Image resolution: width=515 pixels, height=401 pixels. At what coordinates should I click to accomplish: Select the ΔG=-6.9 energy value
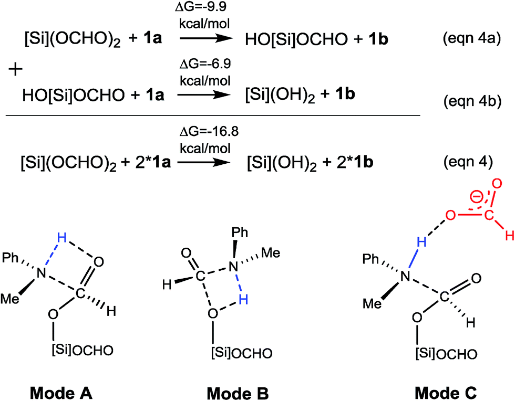pyautogui.click(x=205, y=64)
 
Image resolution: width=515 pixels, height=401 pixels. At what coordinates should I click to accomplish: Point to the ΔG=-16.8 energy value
pyautogui.click(x=209, y=131)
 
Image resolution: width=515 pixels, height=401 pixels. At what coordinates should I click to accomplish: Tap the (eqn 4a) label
pyautogui.click(x=472, y=39)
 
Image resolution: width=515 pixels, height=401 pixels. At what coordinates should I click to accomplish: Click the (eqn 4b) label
pyautogui.click(x=472, y=101)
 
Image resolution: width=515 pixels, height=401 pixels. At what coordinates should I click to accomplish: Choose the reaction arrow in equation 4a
pyautogui.click(x=206, y=38)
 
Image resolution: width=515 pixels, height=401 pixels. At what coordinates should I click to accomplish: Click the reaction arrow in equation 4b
pyautogui.click(x=204, y=95)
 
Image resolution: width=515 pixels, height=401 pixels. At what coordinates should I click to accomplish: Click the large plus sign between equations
pyautogui.click(x=15, y=70)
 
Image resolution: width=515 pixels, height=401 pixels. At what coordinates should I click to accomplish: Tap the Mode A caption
pyautogui.click(x=61, y=393)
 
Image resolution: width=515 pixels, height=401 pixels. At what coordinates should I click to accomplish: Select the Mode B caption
pyautogui.click(x=238, y=393)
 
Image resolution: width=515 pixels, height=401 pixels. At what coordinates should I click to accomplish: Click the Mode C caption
pyautogui.click(x=446, y=393)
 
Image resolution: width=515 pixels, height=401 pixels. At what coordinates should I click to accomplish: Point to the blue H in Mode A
pyautogui.click(x=61, y=238)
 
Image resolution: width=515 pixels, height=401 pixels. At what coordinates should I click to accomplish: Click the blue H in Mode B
pyautogui.click(x=243, y=299)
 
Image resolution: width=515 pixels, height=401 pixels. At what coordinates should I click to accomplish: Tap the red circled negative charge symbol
pyautogui.click(x=475, y=196)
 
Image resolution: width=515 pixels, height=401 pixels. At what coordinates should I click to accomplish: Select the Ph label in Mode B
pyautogui.click(x=240, y=233)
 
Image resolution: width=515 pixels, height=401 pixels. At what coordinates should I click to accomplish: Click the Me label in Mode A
pyautogui.click(x=10, y=299)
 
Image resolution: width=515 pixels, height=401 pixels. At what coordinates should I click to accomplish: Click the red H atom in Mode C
pyautogui.click(x=509, y=235)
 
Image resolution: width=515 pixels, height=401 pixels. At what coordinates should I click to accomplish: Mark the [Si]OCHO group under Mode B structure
pyautogui.click(x=242, y=353)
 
